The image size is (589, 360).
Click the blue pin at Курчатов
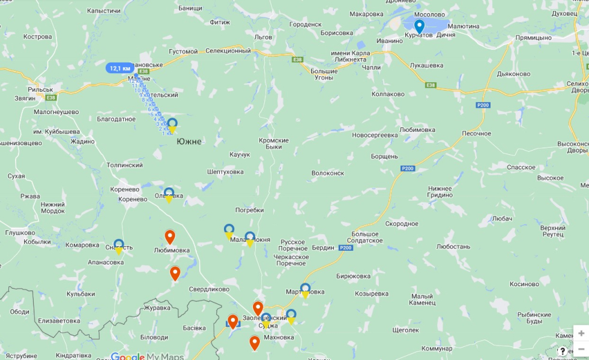tap(420, 26)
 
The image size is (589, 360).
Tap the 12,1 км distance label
tap(119, 68)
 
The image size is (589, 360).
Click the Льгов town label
tap(264, 37)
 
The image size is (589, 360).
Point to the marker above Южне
tap(172, 125)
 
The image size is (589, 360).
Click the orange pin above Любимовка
tap(170, 237)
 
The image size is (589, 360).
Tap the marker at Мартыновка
tap(305, 290)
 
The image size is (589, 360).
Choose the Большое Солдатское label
tap(365, 237)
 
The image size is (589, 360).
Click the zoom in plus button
tap(581, 334)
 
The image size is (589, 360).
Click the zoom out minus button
tap(581, 349)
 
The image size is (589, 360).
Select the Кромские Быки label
tap(274, 143)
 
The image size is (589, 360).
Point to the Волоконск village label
tap(328, 173)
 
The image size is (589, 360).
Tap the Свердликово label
tap(209, 289)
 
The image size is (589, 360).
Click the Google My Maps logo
tap(147, 356)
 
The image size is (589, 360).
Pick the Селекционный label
tap(228, 51)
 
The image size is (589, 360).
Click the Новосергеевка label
tap(375, 135)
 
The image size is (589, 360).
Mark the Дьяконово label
tap(514, 74)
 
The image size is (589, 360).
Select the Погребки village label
tap(250, 210)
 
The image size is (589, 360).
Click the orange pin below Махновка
tap(255, 343)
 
